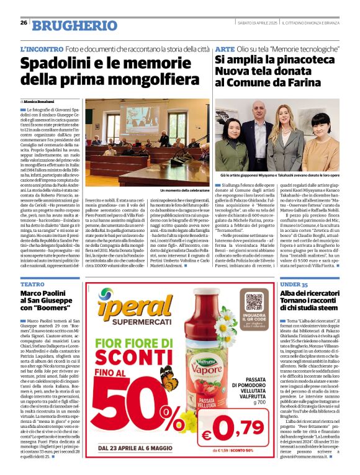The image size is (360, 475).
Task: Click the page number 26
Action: (x=24, y=23)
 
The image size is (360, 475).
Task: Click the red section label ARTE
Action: (x=224, y=48)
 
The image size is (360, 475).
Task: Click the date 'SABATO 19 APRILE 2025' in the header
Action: (x=257, y=23)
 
